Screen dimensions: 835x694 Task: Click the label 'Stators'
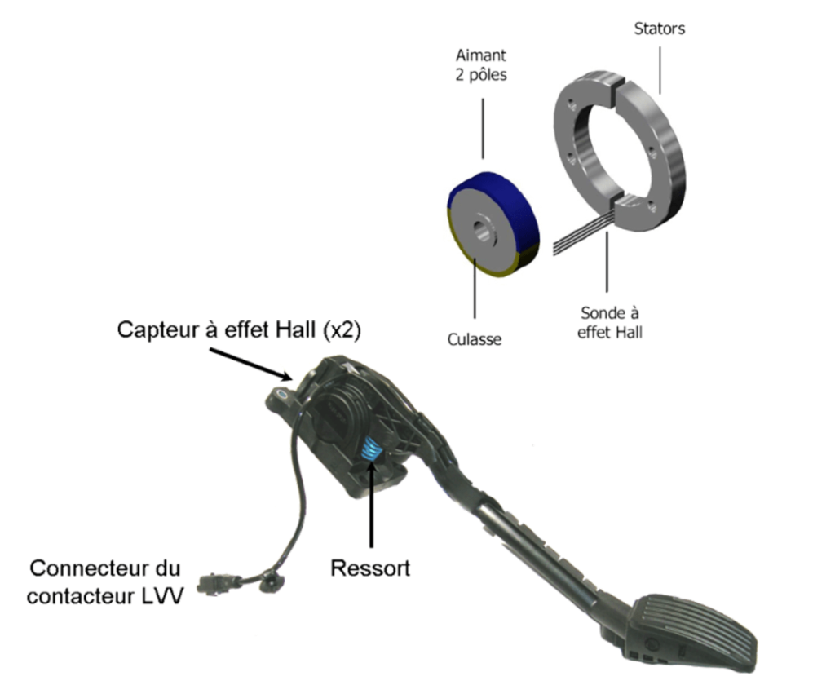659,29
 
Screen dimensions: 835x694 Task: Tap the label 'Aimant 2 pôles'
481,65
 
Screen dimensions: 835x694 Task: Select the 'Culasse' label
475,339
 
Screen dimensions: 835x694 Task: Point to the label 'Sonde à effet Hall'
610,322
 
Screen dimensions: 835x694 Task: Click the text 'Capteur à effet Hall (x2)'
239,329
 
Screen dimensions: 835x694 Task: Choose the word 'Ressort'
370,568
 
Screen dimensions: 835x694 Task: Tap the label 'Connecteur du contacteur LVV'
105,581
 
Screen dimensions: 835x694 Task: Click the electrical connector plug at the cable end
215,584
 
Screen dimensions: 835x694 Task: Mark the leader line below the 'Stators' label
660,70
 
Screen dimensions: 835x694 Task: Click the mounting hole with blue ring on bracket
281,394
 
